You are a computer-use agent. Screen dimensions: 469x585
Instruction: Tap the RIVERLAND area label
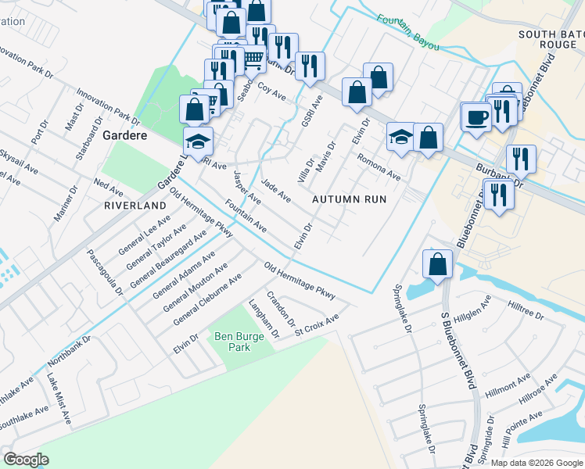click(135, 205)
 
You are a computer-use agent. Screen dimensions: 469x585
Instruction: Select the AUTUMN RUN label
click(349, 199)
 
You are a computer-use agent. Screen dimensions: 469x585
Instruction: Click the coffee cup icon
click(476, 118)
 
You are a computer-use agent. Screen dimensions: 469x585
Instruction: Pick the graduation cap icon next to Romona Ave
click(400, 138)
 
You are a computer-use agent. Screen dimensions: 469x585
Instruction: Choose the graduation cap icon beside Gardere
click(198, 141)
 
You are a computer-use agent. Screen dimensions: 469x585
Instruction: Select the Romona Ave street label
click(379, 166)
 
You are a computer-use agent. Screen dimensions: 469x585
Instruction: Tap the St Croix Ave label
click(317, 324)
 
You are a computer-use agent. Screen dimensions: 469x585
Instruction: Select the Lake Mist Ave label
click(59, 399)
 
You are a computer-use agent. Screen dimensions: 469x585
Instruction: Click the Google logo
click(26, 459)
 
